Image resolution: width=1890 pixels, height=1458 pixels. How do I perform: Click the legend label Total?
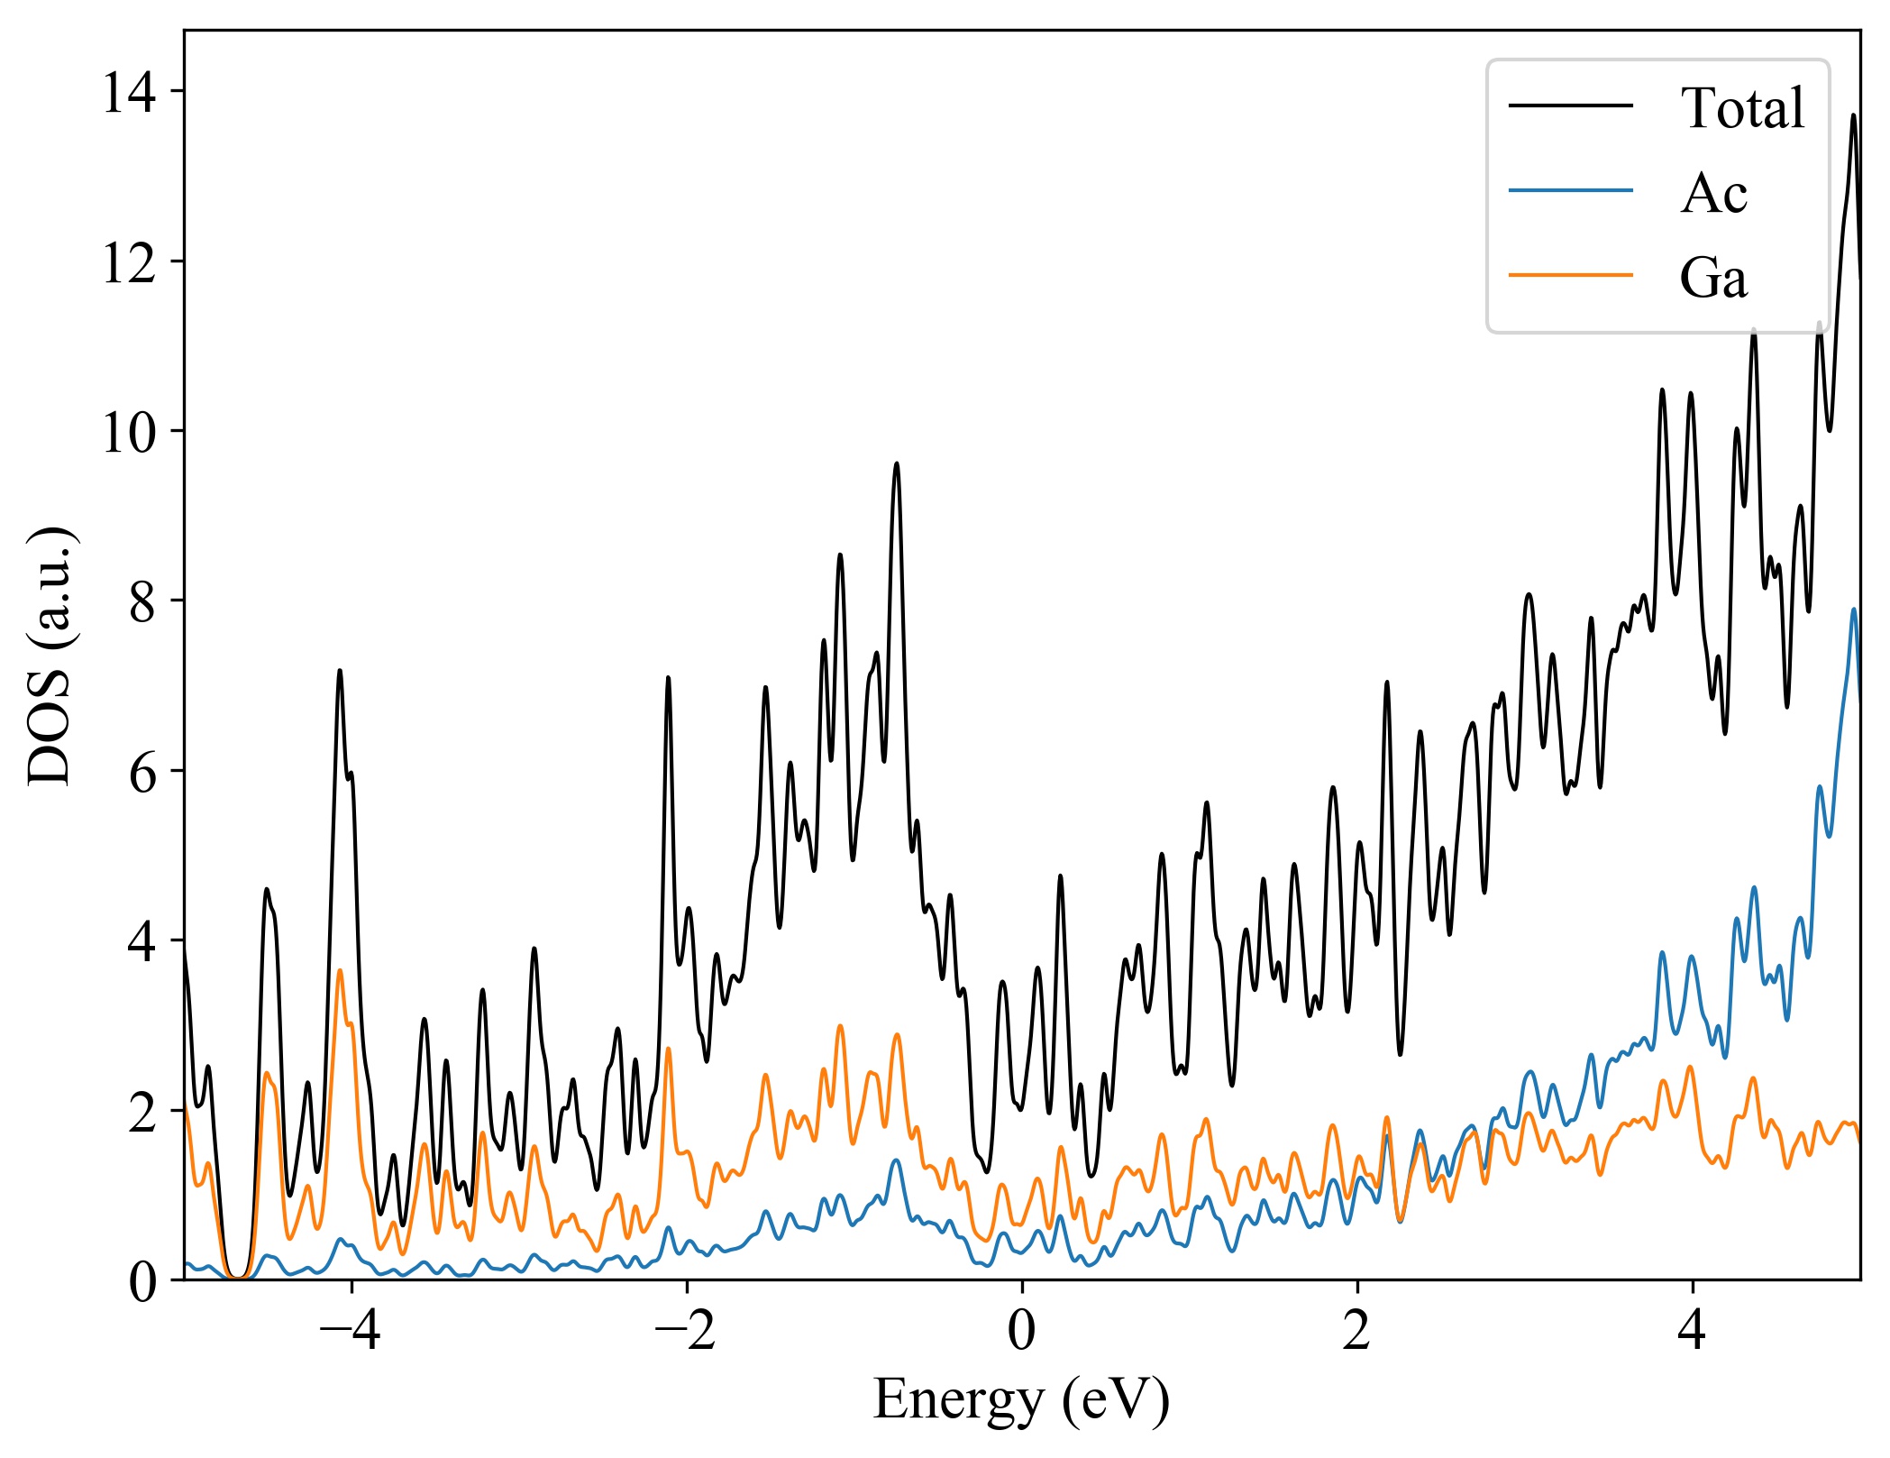click(1741, 108)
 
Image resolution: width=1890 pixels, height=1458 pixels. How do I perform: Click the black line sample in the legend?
click(1570, 105)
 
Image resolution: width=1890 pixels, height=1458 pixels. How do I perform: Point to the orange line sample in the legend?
click(1570, 274)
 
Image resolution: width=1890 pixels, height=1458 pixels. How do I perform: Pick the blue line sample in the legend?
click(1570, 190)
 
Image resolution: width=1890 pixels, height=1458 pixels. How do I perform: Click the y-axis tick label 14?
click(128, 92)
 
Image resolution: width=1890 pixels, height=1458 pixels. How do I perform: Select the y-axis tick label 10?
click(128, 432)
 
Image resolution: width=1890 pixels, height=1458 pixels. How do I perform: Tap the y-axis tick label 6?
click(142, 772)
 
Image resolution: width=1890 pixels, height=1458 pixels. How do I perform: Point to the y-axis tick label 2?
click(142, 1112)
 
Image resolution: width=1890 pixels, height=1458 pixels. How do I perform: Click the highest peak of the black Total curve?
click(1853, 115)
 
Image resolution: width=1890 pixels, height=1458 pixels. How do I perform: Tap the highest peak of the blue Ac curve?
click(1854, 610)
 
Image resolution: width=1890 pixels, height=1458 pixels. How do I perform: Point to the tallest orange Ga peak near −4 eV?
click(340, 970)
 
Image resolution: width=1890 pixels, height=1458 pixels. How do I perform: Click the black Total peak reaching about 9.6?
click(896, 463)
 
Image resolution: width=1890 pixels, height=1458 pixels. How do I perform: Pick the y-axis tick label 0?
click(142, 1281)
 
